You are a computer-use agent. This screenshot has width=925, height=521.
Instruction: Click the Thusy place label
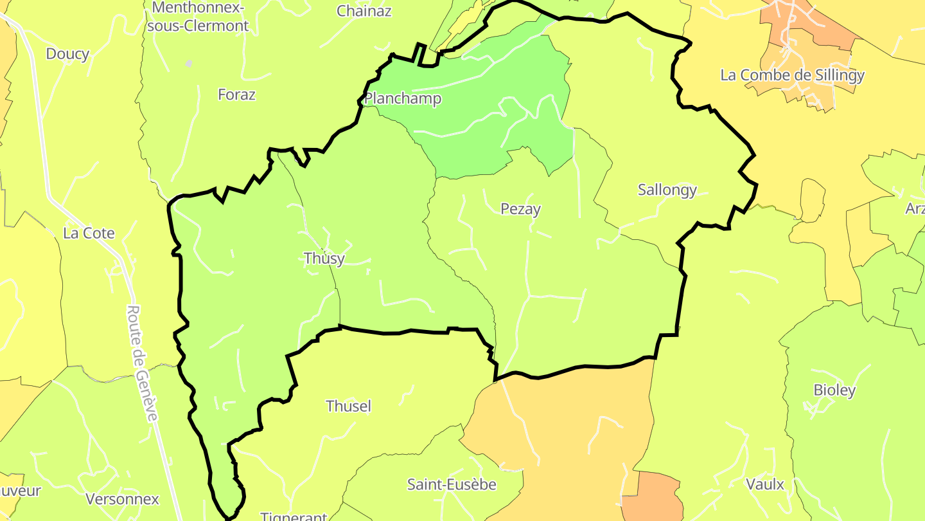tap(324, 259)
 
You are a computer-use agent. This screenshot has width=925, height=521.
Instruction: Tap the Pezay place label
tap(520, 209)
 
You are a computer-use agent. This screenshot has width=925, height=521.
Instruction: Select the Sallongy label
tap(667, 190)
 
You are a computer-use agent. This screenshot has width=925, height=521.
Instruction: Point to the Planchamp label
tap(403, 98)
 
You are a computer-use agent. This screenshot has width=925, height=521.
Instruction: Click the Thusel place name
tap(349, 406)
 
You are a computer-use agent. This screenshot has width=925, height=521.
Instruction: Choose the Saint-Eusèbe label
tap(452, 484)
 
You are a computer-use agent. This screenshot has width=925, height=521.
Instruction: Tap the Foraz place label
tap(236, 95)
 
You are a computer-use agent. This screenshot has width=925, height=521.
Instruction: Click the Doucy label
tap(67, 54)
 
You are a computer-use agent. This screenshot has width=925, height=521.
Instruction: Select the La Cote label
tap(89, 233)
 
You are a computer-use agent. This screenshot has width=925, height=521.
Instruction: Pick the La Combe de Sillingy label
tap(792, 75)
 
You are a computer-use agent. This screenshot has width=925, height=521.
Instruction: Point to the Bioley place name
tap(834, 390)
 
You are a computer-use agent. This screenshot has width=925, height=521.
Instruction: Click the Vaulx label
tap(765, 484)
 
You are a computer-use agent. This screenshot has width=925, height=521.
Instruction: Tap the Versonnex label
tap(122, 499)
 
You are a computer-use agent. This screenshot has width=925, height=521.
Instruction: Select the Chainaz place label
tap(364, 11)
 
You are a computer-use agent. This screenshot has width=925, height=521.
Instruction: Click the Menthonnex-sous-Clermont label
tap(200, 17)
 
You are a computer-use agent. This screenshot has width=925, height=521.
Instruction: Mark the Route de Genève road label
tap(142, 363)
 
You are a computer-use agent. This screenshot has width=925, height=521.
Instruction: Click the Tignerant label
tap(294, 516)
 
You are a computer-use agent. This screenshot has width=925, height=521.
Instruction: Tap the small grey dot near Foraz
tap(189, 64)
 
